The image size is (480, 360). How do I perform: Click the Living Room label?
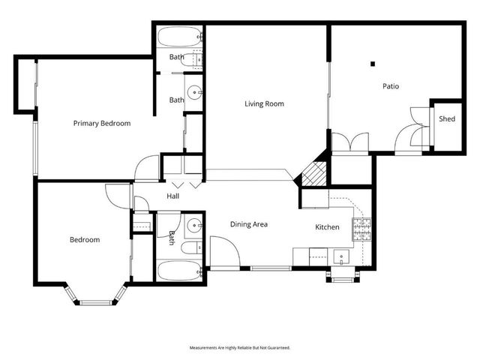click(264, 104)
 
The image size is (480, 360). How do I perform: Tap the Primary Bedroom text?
click(102, 124)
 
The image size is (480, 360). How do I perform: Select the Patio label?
click(391, 86)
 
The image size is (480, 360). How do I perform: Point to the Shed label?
click(447, 119)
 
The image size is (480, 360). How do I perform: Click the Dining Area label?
click(249, 224)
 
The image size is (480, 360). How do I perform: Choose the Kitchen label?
click(327, 227)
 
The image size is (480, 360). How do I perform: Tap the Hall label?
click(173, 196)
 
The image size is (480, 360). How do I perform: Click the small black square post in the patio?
click(372, 64)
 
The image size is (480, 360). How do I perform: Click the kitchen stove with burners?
click(364, 227)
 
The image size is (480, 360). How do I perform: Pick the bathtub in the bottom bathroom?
click(179, 271)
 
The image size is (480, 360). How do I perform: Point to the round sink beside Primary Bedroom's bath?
click(194, 93)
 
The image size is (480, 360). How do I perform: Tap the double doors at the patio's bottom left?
click(349, 142)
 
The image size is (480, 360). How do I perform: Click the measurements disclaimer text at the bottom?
click(239, 348)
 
